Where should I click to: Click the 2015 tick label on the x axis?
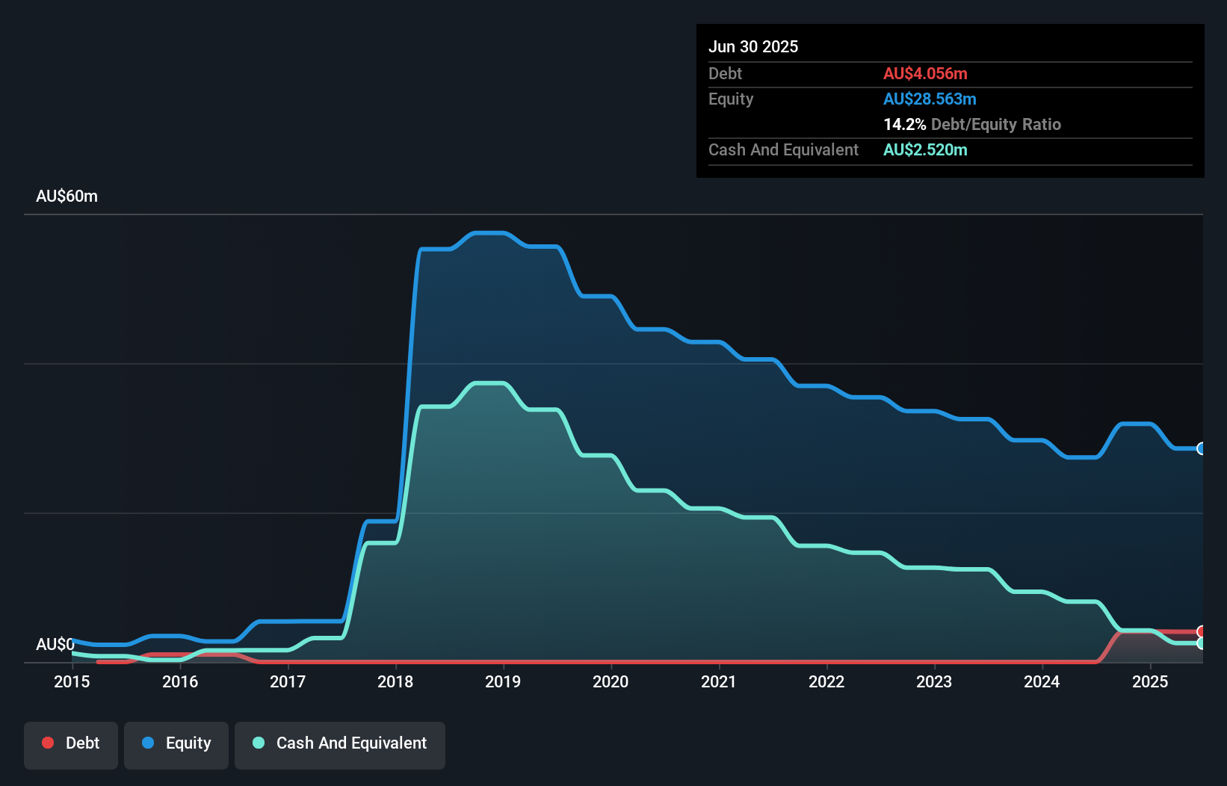click(x=72, y=681)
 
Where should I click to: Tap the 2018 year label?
click(x=395, y=681)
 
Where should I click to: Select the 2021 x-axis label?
click(x=719, y=681)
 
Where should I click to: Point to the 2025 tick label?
click(x=1150, y=681)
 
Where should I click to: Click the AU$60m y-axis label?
click(x=67, y=196)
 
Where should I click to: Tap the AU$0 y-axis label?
click(x=55, y=644)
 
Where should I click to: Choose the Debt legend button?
click(x=71, y=743)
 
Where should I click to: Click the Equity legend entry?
click(x=176, y=743)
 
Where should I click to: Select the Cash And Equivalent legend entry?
click(x=340, y=743)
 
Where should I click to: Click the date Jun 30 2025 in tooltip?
click(x=753, y=46)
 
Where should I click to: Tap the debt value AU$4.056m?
click(x=925, y=73)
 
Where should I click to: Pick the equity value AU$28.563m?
click(x=930, y=99)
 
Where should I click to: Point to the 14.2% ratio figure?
click(x=904, y=124)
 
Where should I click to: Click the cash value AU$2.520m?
click(x=925, y=149)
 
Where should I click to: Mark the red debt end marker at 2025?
click(x=1202, y=631)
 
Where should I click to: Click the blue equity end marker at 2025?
click(x=1202, y=448)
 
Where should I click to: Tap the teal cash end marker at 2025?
click(x=1202, y=643)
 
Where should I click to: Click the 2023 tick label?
click(x=934, y=681)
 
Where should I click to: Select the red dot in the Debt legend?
click(x=48, y=743)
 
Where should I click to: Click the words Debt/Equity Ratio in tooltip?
click(x=996, y=124)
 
